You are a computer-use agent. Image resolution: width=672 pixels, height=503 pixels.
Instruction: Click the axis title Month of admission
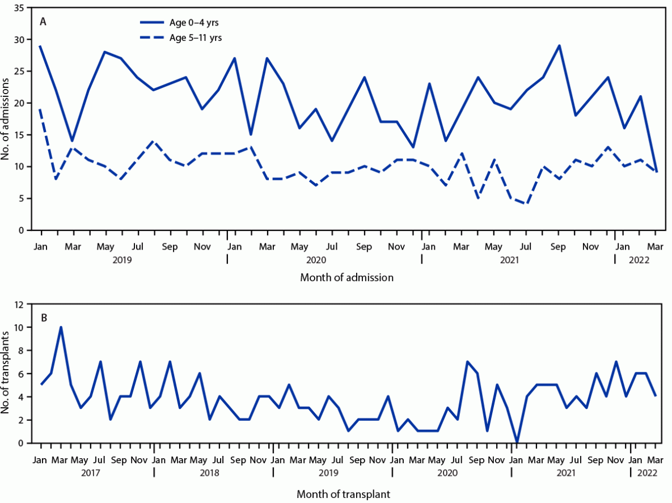[346, 277]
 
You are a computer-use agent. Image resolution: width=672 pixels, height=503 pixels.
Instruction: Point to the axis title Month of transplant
[346, 494]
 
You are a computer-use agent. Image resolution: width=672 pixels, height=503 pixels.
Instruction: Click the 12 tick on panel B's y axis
[21, 305]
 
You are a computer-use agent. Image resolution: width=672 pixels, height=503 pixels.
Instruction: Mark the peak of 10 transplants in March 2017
[61, 327]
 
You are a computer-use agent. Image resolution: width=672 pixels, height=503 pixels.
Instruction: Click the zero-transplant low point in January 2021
[517, 442]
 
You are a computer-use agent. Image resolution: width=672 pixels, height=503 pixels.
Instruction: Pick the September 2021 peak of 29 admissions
[559, 46]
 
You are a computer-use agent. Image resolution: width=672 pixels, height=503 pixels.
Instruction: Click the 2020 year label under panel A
[315, 259]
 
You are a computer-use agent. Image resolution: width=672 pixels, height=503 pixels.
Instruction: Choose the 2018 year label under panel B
[214, 472]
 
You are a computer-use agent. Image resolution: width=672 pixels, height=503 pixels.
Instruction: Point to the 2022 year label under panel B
[647, 472]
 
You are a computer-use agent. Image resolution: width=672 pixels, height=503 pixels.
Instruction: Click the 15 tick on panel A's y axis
[21, 135]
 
